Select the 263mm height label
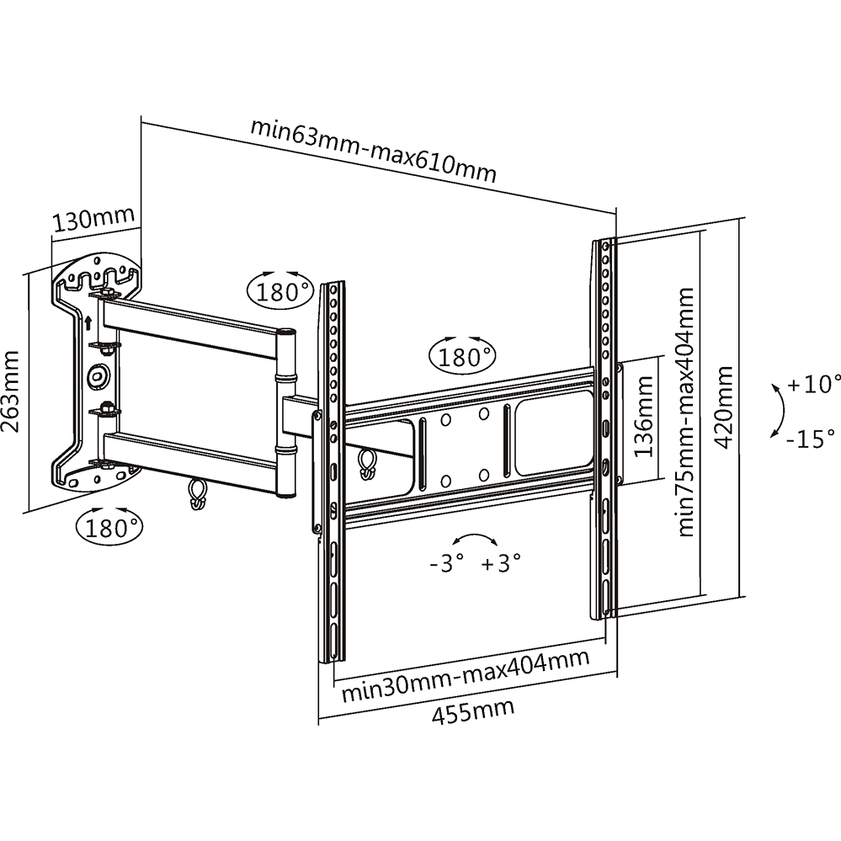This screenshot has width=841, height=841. [12, 391]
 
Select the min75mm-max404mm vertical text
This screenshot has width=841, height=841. [687, 412]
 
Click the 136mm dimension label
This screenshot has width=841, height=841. [644, 417]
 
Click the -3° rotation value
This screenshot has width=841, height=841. [446, 562]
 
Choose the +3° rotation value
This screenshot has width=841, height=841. [502, 562]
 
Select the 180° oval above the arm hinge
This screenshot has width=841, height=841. [279, 290]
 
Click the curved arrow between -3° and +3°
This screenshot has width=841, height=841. [474, 540]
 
